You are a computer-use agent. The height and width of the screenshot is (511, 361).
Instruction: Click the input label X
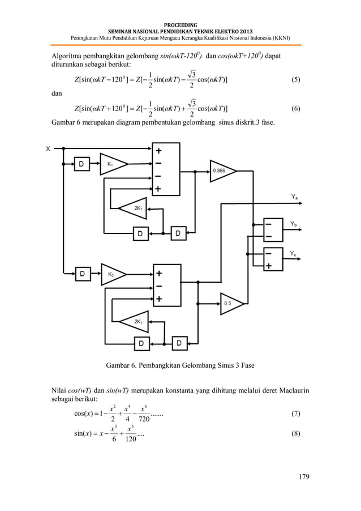tap(48, 150)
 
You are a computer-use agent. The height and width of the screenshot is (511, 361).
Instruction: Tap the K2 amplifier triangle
tap(112, 274)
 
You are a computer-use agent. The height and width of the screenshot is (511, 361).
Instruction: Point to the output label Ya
tap(295, 197)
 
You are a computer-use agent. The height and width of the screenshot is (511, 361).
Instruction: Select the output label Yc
tap(294, 254)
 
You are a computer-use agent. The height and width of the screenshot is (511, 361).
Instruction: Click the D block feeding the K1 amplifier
tap(83, 164)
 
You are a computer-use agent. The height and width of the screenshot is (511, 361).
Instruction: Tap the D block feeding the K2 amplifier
tap(83, 274)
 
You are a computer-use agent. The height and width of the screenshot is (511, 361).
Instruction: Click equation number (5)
tap(295, 80)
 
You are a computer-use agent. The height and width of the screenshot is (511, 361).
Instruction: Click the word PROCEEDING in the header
tap(180, 24)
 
